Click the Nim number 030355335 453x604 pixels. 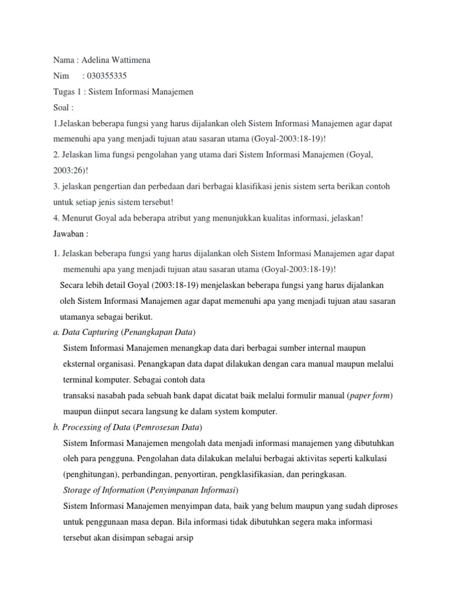point(107,76)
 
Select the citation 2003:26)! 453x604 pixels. point(71,170)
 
